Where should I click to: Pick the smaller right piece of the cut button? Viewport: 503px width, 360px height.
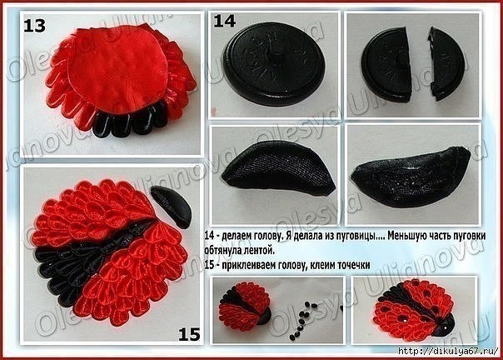446,62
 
